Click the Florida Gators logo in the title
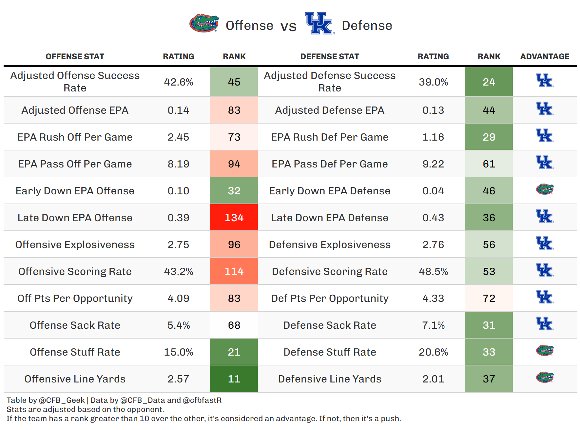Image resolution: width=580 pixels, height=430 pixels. click(x=204, y=23)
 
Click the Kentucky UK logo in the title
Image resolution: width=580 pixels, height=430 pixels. click(x=319, y=23)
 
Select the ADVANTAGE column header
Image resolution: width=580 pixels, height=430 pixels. click(x=545, y=57)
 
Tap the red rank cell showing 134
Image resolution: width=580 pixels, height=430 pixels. click(x=234, y=218)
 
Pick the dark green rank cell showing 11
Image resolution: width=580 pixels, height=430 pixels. click(x=234, y=379)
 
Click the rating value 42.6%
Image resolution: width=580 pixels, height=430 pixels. click(x=179, y=82)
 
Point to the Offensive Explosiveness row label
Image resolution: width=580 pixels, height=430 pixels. click(x=75, y=244)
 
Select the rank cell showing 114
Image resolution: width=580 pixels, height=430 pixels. click(x=234, y=271)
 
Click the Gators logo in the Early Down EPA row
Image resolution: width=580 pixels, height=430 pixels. click(x=545, y=189)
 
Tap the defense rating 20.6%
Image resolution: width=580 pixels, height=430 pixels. click(x=433, y=352)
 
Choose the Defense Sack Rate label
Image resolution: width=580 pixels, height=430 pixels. click(x=330, y=325)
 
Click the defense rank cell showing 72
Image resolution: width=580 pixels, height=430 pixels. click(x=489, y=298)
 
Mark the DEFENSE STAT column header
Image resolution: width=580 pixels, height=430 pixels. click(x=330, y=57)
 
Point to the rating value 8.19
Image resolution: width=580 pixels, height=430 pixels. click(x=179, y=164)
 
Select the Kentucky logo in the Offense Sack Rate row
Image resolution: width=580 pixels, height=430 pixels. click(x=545, y=324)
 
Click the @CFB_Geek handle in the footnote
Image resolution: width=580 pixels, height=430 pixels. click(x=62, y=400)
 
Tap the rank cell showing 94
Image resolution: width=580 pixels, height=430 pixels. click(x=234, y=164)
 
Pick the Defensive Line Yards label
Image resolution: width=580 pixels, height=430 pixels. click(x=330, y=379)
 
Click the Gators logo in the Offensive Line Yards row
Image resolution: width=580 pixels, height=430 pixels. click(x=545, y=378)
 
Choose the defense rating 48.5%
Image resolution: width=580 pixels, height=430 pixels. click(x=433, y=271)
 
